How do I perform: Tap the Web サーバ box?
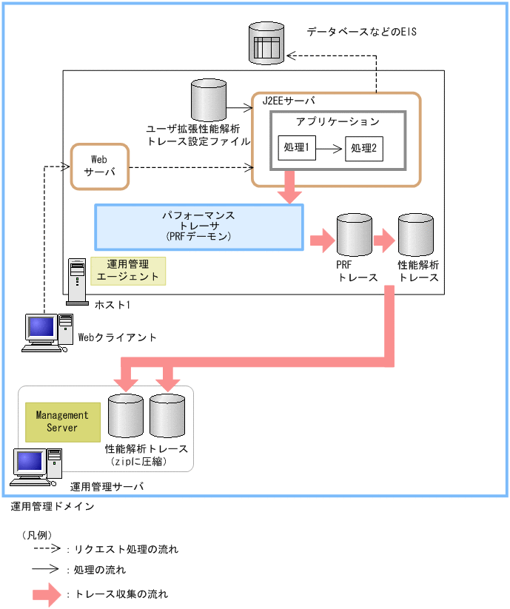[x=99, y=166]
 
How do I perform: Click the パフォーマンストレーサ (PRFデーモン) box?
[x=199, y=226]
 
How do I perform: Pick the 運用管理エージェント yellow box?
[x=128, y=271]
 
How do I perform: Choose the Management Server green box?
[x=62, y=422]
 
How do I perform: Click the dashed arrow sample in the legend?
[x=45, y=549]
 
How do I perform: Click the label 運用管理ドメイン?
[x=53, y=507]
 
